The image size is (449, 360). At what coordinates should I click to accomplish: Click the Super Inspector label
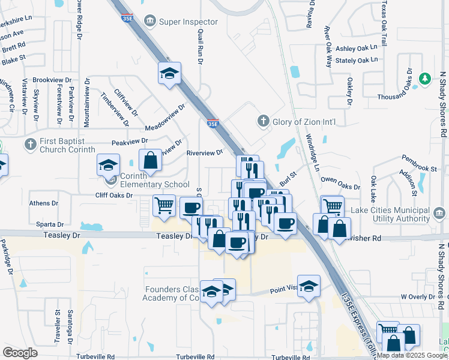coord(188,22)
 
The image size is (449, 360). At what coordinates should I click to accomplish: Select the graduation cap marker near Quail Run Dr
coord(169,73)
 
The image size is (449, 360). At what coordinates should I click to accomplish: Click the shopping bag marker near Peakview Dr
coord(149,160)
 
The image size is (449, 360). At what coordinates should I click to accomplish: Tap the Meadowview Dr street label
coord(164,119)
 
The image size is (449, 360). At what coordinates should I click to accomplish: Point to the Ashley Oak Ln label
coord(357,48)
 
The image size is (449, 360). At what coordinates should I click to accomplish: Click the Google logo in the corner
coord(20,352)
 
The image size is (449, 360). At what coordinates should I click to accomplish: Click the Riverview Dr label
coord(205,152)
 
